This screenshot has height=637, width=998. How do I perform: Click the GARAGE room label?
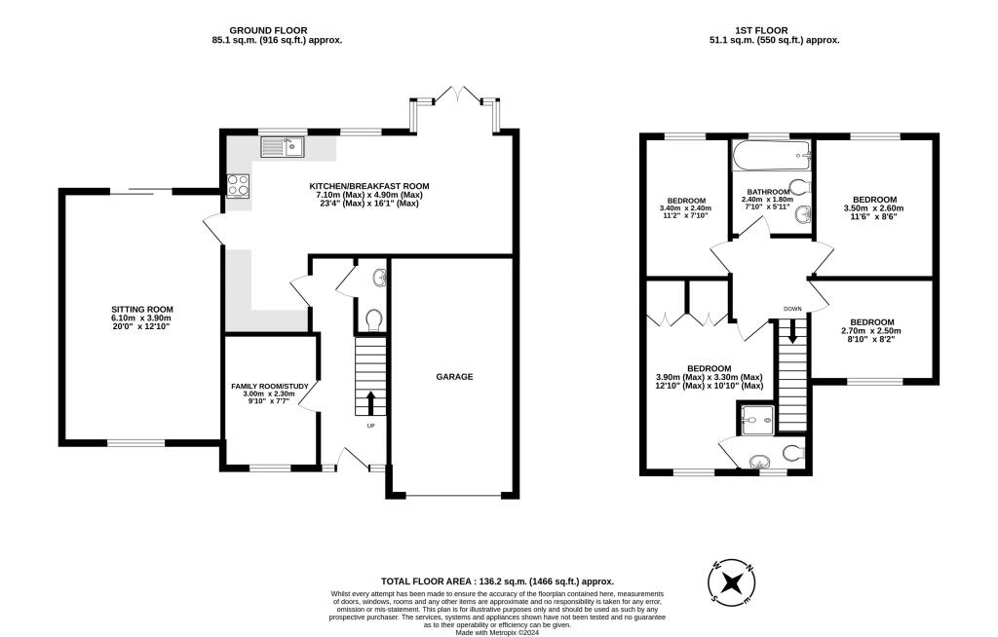click(x=454, y=376)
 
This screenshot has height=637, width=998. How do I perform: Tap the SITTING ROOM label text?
click(x=141, y=310)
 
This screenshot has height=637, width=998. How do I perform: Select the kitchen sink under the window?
click(x=283, y=147)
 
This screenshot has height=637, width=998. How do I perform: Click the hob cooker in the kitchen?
click(x=237, y=185)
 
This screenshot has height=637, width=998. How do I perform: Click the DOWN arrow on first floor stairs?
click(x=791, y=333)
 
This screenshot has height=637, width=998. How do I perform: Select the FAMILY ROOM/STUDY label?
click(x=270, y=387)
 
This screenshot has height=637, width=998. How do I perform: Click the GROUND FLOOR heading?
click(x=277, y=30)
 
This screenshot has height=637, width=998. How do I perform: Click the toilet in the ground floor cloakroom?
click(x=372, y=318)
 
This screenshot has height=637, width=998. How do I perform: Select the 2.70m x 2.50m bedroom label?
click(x=871, y=322)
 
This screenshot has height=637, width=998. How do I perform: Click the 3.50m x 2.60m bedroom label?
click(x=873, y=200)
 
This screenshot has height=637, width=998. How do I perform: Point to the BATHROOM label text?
click(x=769, y=192)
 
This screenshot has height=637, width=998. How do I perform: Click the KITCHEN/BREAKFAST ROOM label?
click(x=368, y=185)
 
